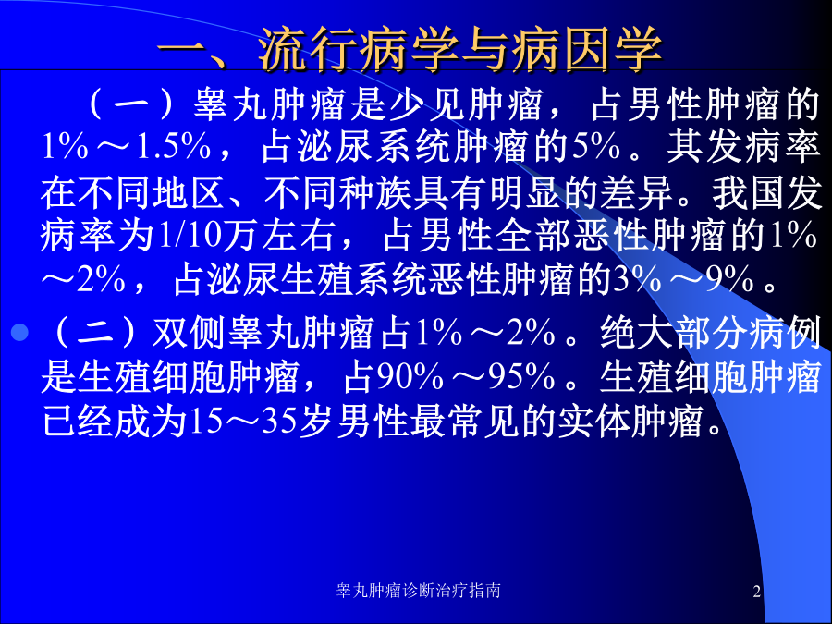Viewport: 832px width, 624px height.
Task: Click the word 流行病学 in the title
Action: tap(357, 50)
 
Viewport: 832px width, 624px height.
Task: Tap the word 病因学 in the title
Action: tap(586, 50)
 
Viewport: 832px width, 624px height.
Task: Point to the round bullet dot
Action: tap(19, 332)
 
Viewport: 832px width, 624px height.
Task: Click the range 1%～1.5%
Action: tap(126, 148)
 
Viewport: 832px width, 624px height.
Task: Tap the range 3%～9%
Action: tap(683, 280)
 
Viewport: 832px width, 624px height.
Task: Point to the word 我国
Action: tap(749, 192)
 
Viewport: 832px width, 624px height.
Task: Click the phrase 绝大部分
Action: tap(674, 335)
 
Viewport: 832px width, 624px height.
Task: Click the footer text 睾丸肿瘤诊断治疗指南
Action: tap(418, 590)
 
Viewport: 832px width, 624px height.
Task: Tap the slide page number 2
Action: tap(756, 591)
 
